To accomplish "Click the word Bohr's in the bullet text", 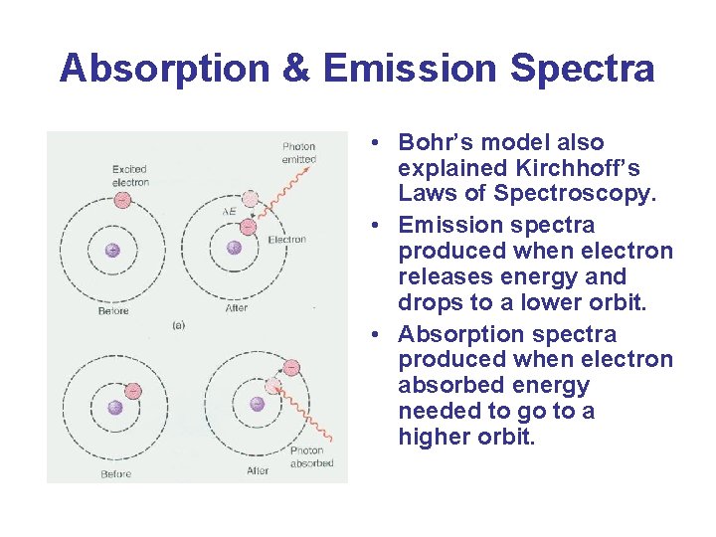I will point(444,142).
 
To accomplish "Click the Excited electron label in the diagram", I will point(130,176).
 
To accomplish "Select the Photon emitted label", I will point(299,153).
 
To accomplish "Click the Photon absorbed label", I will point(311,456).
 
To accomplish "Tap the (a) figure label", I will point(179,324).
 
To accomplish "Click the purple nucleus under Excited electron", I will point(112,250).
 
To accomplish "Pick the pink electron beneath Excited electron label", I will point(122,200).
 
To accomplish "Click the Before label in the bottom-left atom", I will point(115,474).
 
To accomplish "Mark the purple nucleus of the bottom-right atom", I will point(257,404).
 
